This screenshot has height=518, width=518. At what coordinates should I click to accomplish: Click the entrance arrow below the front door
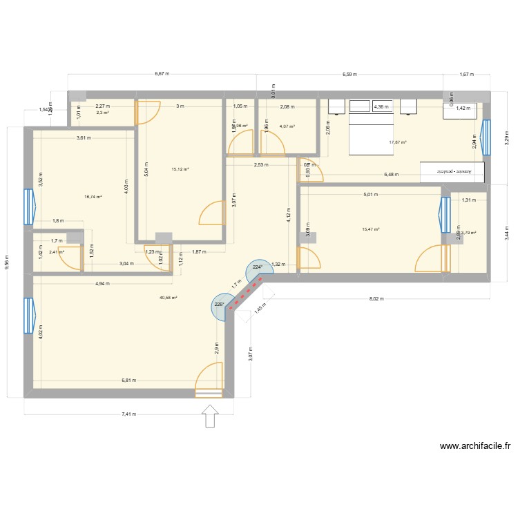coord(210,416)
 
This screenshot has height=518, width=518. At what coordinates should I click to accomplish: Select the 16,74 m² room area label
coord(93,197)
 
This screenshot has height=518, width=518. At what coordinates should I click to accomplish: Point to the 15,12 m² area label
coord(180,169)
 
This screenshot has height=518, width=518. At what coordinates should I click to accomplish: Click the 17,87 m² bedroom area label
coord(398,143)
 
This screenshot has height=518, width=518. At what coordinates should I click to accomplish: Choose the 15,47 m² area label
coord(371,229)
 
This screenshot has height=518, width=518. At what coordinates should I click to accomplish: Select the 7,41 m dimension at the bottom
coord(128,414)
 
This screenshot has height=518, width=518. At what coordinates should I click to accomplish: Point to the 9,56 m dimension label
coord(8,262)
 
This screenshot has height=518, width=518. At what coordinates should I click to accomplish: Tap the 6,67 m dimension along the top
coord(162,74)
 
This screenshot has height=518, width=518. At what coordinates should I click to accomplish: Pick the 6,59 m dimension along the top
coord(350,74)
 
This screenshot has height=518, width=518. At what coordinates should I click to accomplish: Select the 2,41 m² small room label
coord(56,252)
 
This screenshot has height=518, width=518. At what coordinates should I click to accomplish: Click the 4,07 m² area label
coord(287,126)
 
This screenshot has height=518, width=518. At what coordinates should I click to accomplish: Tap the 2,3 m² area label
coord(102,113)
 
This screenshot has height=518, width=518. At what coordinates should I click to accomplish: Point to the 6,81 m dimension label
coord(128,380)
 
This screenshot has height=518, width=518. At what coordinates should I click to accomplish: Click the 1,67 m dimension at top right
coord(466,74)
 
